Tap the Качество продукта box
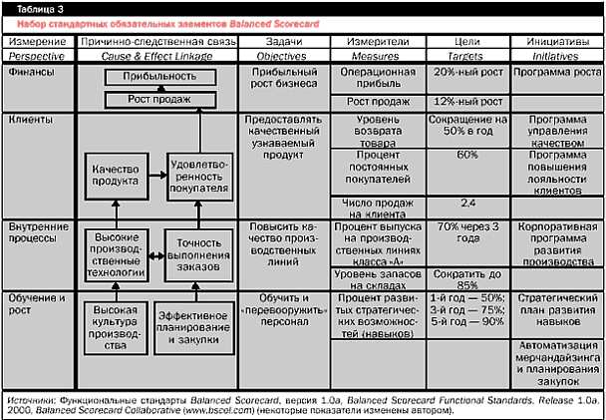click(x=113, y=174)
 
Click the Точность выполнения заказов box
click(x=199, y=254)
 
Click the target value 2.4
click(x=466, y=203)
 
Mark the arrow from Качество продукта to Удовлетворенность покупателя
click(x=155, y=174)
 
